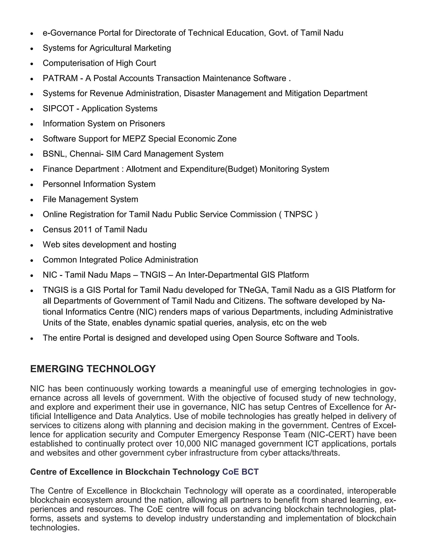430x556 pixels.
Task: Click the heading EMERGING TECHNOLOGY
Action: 93,369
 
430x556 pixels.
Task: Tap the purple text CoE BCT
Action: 240,472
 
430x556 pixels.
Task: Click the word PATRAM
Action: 60,78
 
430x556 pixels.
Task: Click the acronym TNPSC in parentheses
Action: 298,214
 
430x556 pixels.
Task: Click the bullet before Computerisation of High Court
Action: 32,64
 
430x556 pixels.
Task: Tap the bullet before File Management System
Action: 32,200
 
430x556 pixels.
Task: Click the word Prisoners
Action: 147,123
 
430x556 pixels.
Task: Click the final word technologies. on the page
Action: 55,527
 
